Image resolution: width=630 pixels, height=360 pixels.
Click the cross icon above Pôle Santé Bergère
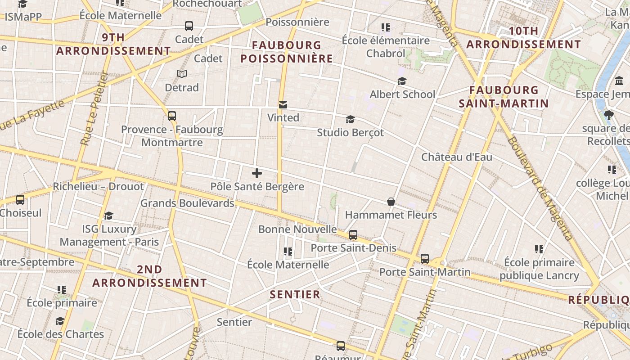(x=257, y=173)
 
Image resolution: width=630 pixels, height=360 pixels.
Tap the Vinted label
(x=283, y=117)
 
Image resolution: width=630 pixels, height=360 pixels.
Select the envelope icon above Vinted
(x=283, y=105)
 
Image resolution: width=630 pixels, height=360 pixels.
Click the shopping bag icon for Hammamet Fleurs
(x=391, y=202)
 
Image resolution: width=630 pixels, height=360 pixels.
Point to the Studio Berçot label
(x=350, y=132)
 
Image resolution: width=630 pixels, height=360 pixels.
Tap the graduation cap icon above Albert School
(x=402, y=81)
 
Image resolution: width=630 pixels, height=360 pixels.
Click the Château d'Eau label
(x=456, y=157)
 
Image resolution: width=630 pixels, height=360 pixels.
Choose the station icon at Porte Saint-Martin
(x=425, y=259)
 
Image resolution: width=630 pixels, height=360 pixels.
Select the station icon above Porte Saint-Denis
(x=353, y=234)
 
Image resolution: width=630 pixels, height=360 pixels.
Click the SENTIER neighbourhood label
(x=295, y=295)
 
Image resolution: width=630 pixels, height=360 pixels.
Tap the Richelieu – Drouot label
(x=98, y=186)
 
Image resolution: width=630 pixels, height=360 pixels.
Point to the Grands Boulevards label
(x=187, y=203)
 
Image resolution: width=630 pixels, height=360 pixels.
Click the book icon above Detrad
(x=182, y=74)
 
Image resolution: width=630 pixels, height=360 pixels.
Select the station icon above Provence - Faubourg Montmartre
(x=171, y=116)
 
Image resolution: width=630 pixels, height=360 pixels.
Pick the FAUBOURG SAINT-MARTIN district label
(x=504, y=97)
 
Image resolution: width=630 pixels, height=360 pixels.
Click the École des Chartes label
(x=60, y=334)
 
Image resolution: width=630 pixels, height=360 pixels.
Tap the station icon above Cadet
(x=189, y=26)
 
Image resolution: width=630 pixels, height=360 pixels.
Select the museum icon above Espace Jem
(x=619, y=81)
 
